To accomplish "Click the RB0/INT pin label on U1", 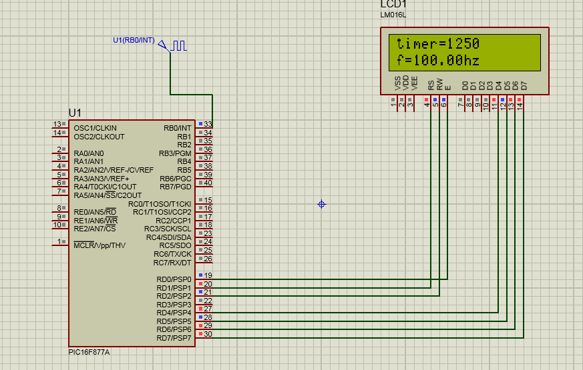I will coord(177,128).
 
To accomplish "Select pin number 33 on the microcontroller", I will coord(208,125).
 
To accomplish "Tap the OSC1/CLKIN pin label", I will coord(95,128).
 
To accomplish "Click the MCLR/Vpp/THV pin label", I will coord(100,245).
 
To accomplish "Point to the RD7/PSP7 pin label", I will coord(174,338).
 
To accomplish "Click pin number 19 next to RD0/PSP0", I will coord(208,275).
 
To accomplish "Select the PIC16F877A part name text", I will coord(89,352).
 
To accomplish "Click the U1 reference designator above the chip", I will coord(75,112).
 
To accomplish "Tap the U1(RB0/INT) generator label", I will coord(134,41).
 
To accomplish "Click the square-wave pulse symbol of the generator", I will coord(178,45).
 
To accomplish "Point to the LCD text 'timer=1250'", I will coord(438,44).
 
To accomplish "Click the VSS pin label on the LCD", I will coord(398,83).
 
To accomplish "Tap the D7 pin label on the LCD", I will coord(524,85).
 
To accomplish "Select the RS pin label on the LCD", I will coord(431,85).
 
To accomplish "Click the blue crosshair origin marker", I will coord(321,204).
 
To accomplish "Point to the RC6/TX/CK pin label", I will coord(172,254).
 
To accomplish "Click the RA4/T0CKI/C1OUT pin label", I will coord(105,187).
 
